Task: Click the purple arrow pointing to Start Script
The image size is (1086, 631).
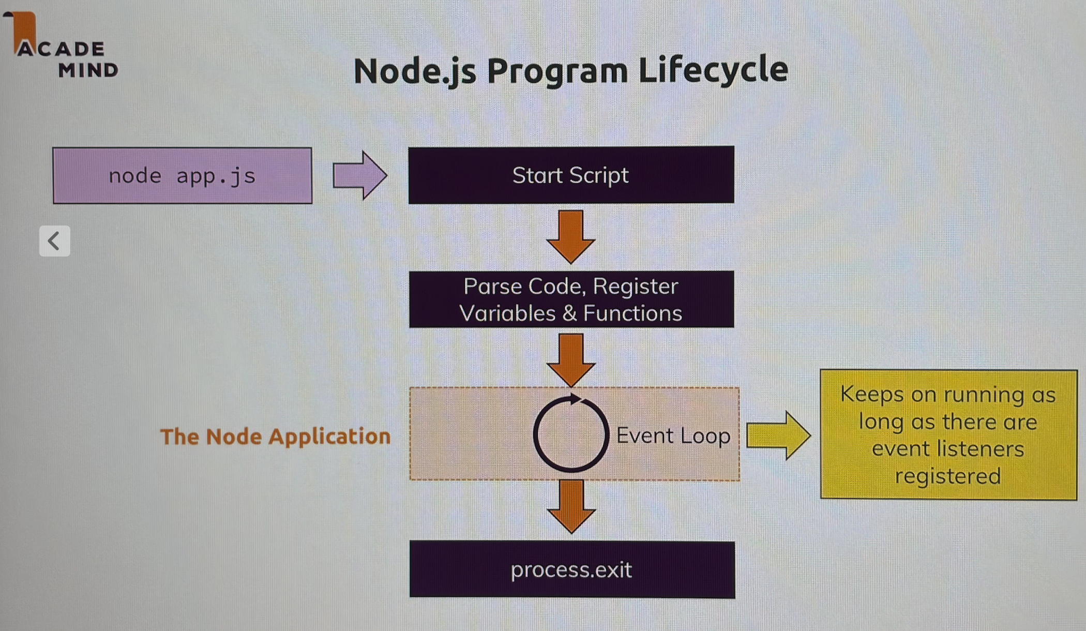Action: coord(360,175)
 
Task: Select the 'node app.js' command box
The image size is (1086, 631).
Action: coord(183,175)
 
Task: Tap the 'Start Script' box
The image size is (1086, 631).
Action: coord(571,175)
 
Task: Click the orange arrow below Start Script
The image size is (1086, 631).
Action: coord(571,236)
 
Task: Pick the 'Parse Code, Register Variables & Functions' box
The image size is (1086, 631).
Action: coord(571,299)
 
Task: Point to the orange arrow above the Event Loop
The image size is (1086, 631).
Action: coord(571,360)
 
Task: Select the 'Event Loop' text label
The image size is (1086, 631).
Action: coord(673,436)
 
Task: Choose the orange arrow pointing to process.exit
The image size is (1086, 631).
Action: coord(571,506)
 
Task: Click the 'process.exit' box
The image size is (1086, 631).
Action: coord(572,569)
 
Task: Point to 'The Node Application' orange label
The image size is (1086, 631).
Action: coord(275,437)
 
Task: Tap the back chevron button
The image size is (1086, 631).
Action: coord(54,241)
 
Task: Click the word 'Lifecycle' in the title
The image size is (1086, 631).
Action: coord(713,70)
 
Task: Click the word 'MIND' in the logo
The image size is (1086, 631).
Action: coord(88,70)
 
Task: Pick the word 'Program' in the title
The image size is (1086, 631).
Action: coord(557,72)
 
